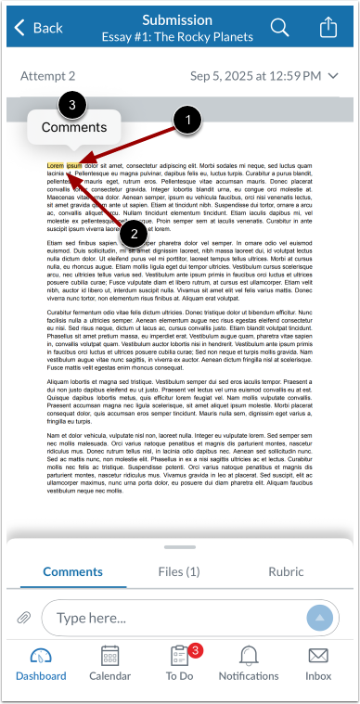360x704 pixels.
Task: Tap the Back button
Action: tap(36, 28)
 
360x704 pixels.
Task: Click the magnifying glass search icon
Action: tap(279, 28)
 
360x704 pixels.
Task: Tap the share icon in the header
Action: tap(328, 28)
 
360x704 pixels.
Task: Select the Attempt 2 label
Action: tap(47, 76)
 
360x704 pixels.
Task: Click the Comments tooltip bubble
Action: tap(74, 128)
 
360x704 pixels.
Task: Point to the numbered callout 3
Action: tap(73, 105)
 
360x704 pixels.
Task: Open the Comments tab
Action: tap(73, 572)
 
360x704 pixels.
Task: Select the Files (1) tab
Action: tap(179, 572)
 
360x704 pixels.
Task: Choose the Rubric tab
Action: tap(286, 572)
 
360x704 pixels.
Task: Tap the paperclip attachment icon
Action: tap(24, 618)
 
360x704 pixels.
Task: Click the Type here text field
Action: tap(176, 618)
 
